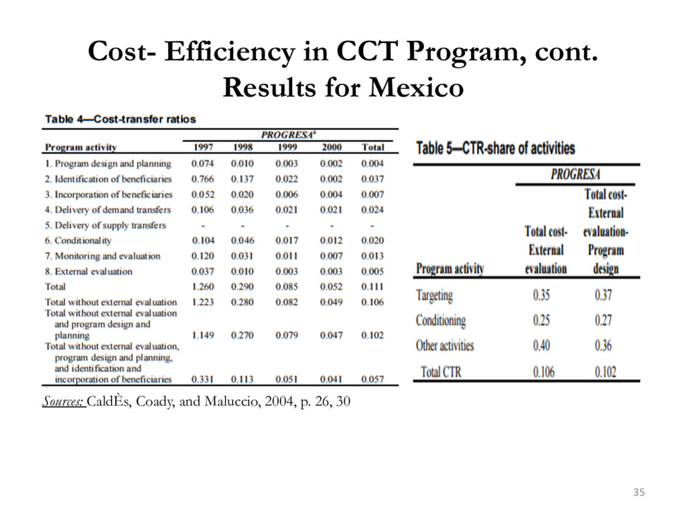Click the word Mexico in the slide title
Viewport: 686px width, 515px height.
point(415,87)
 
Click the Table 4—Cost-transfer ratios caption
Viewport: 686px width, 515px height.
point(121,119)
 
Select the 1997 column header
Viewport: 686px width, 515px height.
point(203,147)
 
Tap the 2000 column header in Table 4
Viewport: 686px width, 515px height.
point(331,147)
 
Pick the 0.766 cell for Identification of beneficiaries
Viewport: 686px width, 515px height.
point(202,179)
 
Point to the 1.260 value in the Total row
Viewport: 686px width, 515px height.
point(203,287)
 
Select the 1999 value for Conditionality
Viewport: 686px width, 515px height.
point(287,241)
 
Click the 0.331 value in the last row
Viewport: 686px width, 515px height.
point(202,380)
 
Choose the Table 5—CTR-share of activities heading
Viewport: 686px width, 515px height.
point(496,148)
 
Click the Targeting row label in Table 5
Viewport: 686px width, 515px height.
point(434,296)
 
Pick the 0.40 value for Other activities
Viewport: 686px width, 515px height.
point(541,345)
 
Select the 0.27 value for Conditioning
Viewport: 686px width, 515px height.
point(604,320)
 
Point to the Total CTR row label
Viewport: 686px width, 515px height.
point(441,371)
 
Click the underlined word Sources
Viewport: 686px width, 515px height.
point(63,401)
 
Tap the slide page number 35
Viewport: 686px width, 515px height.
point(638,492)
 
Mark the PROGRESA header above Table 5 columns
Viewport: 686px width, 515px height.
point(575,174)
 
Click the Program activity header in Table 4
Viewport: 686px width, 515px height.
point(81,148)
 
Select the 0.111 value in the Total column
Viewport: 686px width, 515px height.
point(372,287)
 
